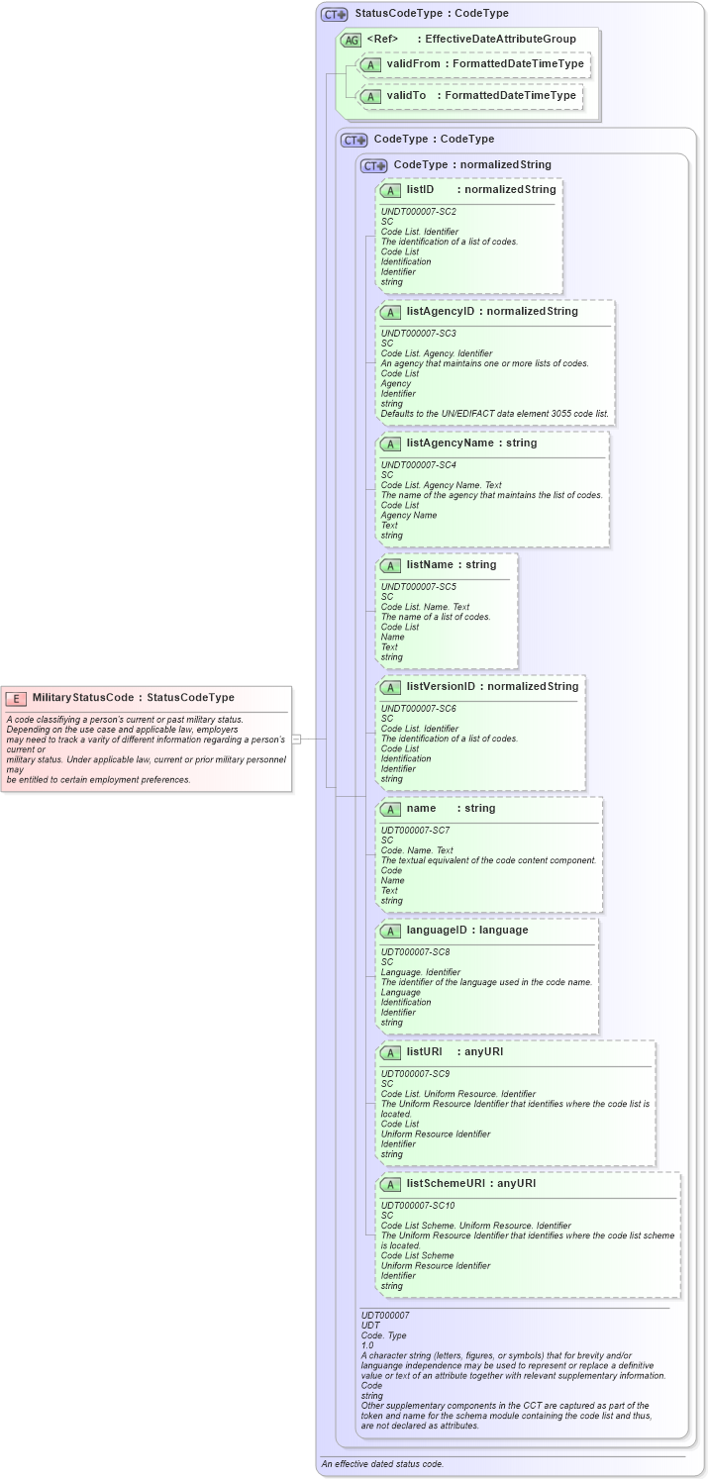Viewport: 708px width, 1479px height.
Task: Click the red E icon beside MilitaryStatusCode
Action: (15, 698)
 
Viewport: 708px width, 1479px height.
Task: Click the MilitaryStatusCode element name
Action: (82, 698)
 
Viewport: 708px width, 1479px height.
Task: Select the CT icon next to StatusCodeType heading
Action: (335, 14)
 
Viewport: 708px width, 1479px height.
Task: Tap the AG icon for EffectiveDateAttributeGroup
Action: (351, 40)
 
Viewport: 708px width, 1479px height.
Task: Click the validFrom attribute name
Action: (413, 64)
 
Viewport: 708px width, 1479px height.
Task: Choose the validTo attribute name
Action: (406, 96)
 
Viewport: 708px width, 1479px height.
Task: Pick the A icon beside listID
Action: (390, 190)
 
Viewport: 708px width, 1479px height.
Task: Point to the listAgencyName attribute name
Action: (450, 443)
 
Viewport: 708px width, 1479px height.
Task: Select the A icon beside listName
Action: (390, 565)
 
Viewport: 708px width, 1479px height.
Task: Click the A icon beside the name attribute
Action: (390, 809)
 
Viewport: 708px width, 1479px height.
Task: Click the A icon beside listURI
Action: (390, 1051)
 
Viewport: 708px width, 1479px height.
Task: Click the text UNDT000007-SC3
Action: (419, 333)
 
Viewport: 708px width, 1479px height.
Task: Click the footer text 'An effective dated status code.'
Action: (382, 1463)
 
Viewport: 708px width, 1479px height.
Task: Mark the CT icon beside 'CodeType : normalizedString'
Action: (373, 165)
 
